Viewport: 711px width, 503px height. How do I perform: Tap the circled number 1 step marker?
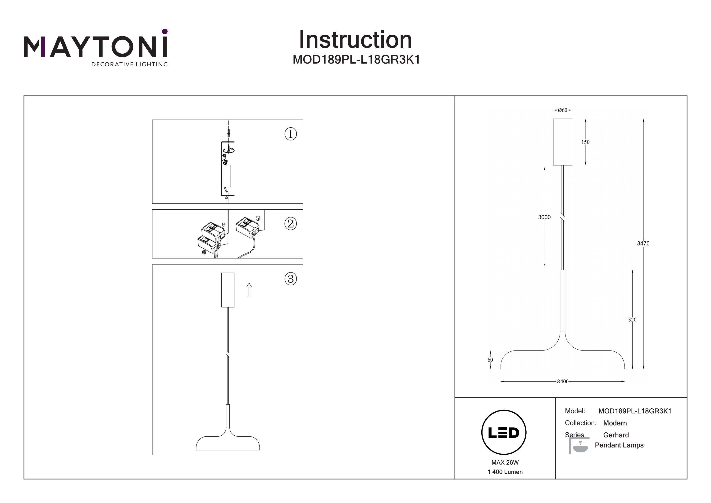291,134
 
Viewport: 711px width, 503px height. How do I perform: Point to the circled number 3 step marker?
291,279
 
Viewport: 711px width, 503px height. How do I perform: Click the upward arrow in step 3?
249,290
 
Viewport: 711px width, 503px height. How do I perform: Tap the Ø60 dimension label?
562,110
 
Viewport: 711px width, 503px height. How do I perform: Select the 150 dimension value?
585,142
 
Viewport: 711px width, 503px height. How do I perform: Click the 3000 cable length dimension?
544,217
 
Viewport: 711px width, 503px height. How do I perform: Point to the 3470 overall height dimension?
643,244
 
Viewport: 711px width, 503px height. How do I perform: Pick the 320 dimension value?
632,319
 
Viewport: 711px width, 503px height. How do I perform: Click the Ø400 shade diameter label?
562,382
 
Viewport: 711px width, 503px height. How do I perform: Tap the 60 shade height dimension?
490,360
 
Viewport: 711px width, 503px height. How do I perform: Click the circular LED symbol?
504,433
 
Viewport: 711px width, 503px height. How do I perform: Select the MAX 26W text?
505,462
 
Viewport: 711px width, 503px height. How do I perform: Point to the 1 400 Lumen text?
505,472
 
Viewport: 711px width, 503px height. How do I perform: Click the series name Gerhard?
616,435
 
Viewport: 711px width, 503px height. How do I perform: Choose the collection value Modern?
615,423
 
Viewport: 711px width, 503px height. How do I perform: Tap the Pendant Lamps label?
619,445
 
